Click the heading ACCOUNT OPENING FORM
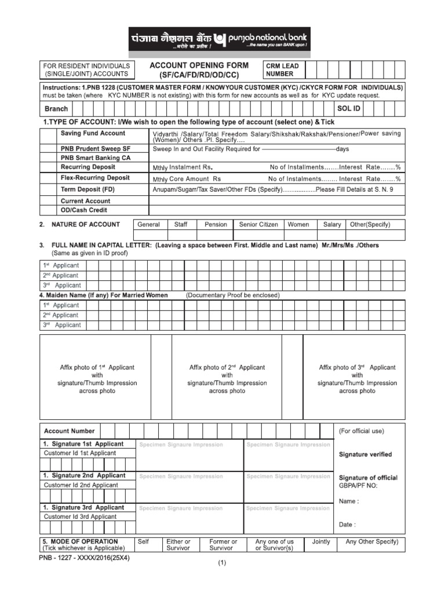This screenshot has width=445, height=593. pyautogui.click(x=199, y=65)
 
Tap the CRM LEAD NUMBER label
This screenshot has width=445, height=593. pyautogui.click(x=283, y=70)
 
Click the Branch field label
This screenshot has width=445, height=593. pyautogui.click(x=56, y=108)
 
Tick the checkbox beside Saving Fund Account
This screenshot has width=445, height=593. pyautogui.click(x=49, y=133)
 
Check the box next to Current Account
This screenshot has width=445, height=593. pyautogui.click(x=49, y=201)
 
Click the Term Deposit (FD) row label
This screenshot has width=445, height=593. pyautogui.click(x=88, y=189)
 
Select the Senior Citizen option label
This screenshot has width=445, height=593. pyautogui.click(x=258, y=225)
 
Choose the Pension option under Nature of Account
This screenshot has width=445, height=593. pyautogui.click(x=216, y=225)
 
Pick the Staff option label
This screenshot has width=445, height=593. pyautogui.click(x=181, y=225)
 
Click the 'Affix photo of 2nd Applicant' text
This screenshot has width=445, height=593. pyautogui.click(x=227, y=367)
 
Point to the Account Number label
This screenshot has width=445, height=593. pyautogui.click(x=70, y=431)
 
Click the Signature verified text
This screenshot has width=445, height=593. pyautogui.click(x=365, y=455)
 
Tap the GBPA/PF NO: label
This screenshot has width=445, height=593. pyautogui.click(x=358, y=486)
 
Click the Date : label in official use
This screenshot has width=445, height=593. pyautogui.click(x=347, y=525)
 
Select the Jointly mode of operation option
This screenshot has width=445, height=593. pyautogui.click(x=321, y=542)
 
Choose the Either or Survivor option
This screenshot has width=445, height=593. pyautogui.click(x=178, y=545)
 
